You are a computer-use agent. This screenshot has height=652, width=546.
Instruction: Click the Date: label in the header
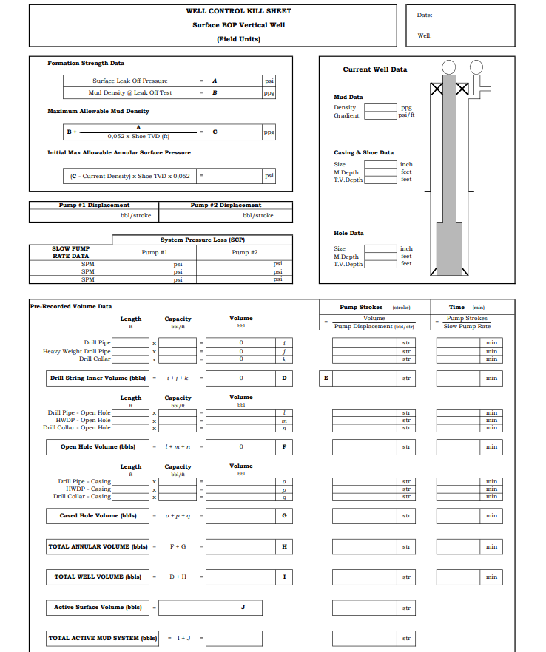coord(425,15)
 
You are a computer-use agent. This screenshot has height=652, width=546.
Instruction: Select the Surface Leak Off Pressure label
coord(130,81)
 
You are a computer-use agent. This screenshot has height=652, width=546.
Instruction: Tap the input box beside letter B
coord(242,93)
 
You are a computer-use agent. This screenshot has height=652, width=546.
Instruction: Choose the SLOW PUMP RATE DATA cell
coord(71,252)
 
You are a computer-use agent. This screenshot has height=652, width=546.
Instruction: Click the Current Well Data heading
coord(374,69)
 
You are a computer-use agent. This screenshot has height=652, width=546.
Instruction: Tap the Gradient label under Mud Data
coord(346,115)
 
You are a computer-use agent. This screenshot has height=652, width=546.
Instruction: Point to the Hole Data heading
coord(348,233)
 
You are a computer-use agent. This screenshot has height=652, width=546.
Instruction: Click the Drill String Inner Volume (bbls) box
coord(97,378)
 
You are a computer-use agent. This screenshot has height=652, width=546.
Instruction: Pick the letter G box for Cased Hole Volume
coord(284,515)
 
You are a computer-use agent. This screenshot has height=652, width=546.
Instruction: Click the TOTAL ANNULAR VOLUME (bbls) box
coord(97,547)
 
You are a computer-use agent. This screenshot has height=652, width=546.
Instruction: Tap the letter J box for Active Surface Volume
coord(243,608)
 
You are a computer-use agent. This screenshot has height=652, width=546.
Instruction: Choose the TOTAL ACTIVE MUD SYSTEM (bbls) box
coord(102,638)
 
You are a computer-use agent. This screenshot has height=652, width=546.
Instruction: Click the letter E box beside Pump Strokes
coord(326,378)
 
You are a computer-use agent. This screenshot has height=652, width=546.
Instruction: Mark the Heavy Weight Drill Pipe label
coord(77,351)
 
